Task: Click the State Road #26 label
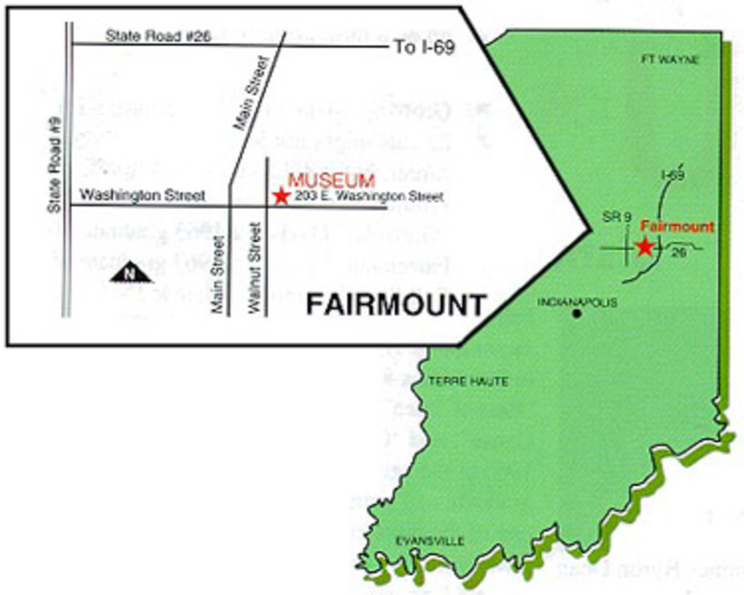point(157,36)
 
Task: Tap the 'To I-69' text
point(425,48)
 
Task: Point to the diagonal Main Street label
point(252,93)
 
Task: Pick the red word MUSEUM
point(332,181)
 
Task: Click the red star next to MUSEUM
point(281,196)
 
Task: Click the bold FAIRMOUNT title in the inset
point(396,306)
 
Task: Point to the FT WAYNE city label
point(669,60)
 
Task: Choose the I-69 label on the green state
point(672,175)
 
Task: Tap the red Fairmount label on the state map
point(676,227)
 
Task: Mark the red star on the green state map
point(645,247)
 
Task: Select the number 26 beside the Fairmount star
point(679,252)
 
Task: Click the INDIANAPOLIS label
point(577,302)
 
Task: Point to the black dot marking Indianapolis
point(577,314)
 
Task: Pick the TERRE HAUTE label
point(468,382)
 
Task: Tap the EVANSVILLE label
point(430,541)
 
